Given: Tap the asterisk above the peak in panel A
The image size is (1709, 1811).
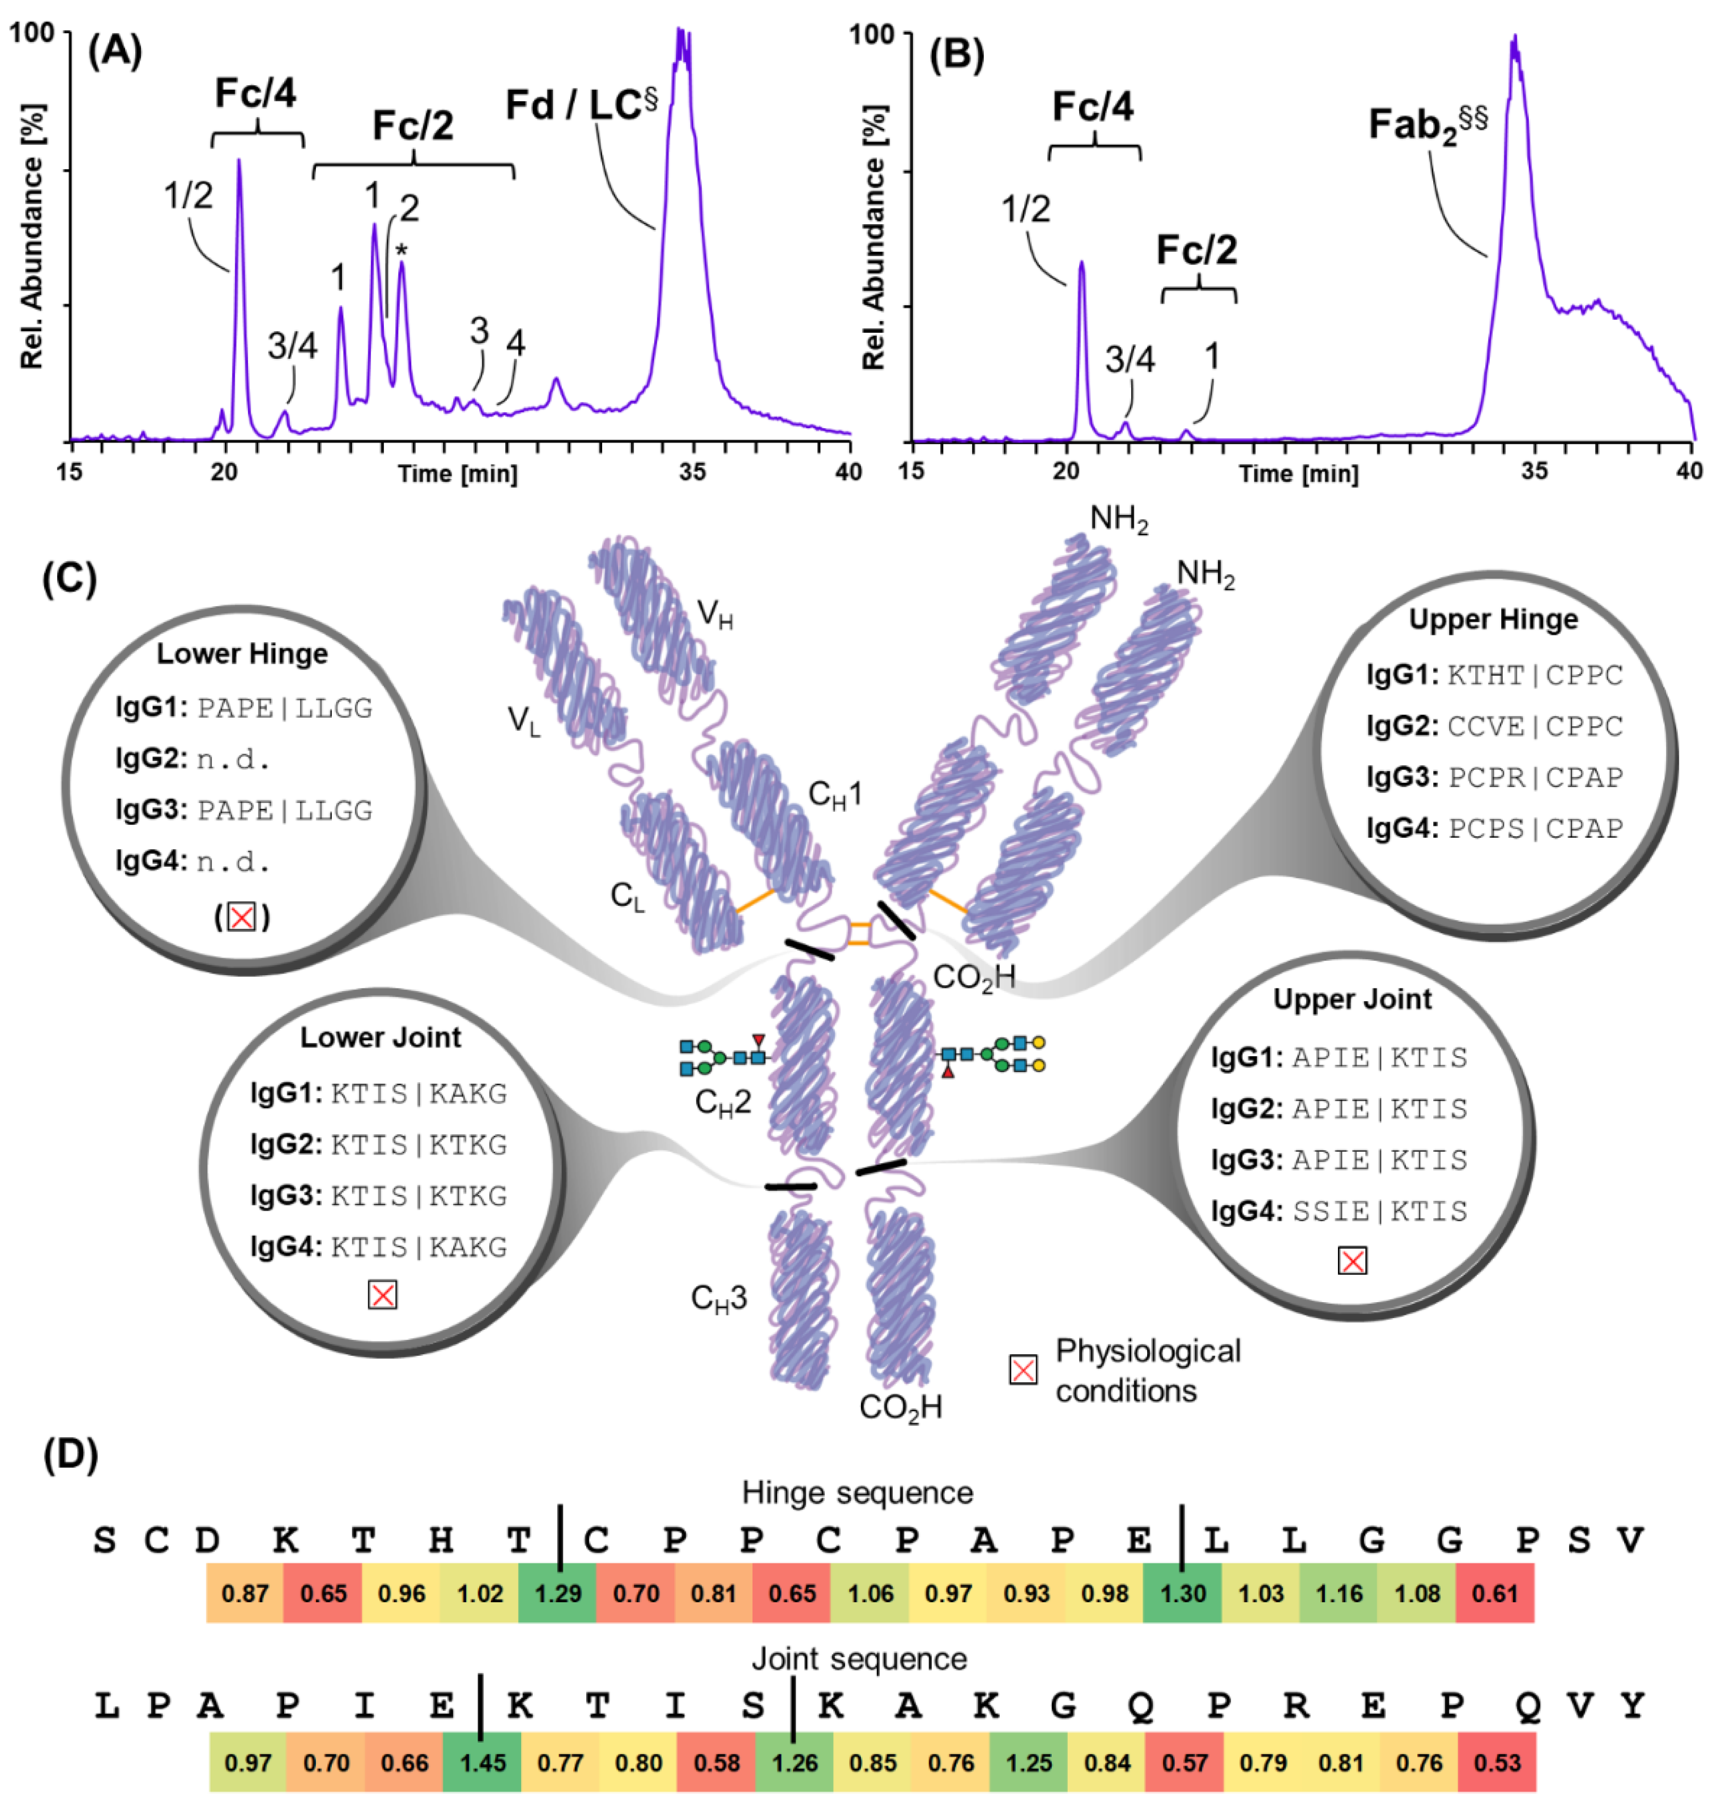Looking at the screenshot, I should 401,252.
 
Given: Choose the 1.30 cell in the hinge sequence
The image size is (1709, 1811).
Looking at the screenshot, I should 1183,1593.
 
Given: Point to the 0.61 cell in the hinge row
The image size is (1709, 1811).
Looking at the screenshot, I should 1495,1593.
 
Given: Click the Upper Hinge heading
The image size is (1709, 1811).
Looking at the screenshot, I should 1493,620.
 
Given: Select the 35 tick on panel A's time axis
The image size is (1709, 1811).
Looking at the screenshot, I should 693,472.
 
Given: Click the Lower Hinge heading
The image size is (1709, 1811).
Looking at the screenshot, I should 242,654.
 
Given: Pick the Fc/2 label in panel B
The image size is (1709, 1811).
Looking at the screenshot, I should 1197,251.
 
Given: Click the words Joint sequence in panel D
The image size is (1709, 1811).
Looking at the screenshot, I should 859,1659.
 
